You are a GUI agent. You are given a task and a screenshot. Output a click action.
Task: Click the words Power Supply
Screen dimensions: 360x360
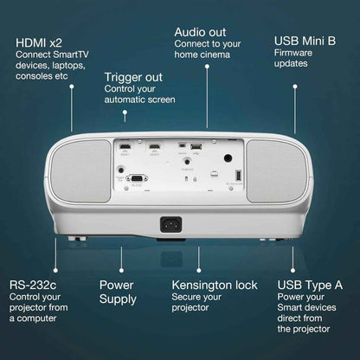point(118,292)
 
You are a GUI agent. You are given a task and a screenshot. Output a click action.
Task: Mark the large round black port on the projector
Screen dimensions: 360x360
point(228,158)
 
